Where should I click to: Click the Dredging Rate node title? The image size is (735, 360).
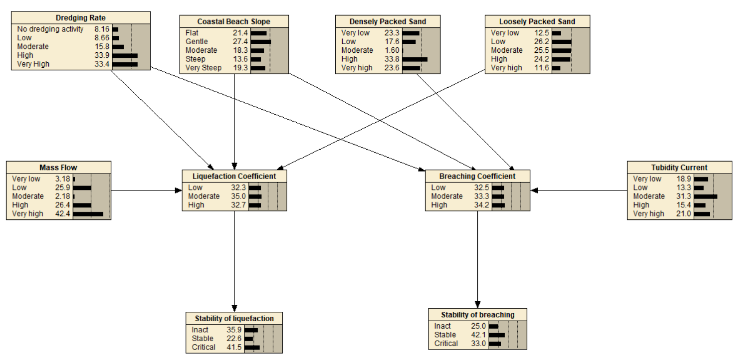click(81, 18)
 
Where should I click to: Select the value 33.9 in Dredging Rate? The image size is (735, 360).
click(102, 55)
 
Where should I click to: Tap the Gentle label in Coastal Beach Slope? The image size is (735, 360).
click(197, 42)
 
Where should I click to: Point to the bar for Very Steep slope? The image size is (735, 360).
click(258, 68)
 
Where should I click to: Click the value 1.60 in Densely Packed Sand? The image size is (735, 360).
click(392, 50)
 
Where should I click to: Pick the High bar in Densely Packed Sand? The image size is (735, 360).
click(415, 59)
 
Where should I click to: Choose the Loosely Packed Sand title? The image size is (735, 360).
click(537, 22)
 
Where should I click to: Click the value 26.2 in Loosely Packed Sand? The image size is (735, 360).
click(541, 42)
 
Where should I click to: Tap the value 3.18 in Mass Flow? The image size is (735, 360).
click(63, 179)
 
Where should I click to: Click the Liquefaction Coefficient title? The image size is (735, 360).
click(234, 176)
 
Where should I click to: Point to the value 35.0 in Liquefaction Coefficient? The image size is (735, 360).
click(238, 196)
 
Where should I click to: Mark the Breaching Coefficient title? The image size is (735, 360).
click(477, 176)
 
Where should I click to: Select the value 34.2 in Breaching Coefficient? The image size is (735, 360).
click(481, 205)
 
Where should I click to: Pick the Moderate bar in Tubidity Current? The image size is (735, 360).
click(706, 197)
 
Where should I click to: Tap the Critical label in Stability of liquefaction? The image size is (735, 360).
click(204, 347)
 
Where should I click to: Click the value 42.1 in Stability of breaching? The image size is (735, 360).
click(478, 335)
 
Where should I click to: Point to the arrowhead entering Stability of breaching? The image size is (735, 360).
click(478, 304)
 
